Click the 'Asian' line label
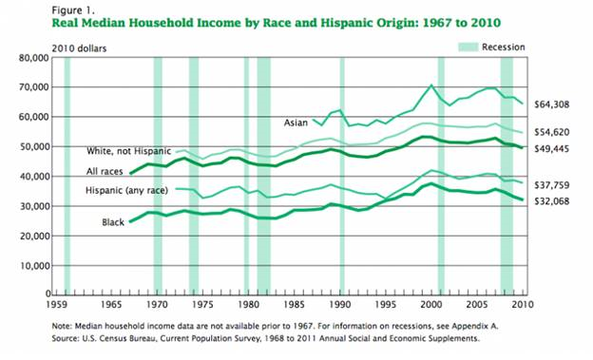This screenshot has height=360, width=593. (x=296, y=123)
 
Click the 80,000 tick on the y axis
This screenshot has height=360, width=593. (x=30, y=58)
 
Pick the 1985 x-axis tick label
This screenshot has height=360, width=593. (x=293, y=307)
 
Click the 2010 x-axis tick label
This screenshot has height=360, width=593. (x=519, y=307)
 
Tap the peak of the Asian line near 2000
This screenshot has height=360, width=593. (x=431, y=85)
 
